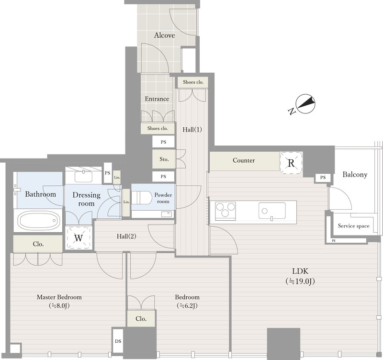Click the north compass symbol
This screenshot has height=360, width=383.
305,103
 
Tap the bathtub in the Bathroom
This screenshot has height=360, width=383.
39,220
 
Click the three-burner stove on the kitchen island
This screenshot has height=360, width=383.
225,210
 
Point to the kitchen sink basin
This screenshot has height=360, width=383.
272,211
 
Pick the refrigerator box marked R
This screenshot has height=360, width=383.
291,163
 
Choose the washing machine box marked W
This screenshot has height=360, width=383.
79,237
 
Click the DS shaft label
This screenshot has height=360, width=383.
118,341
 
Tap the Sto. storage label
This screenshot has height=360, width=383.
164,159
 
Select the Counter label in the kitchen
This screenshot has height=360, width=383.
244,160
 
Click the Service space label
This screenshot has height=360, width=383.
353,226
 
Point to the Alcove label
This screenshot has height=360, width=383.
164,35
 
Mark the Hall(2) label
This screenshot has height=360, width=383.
126,236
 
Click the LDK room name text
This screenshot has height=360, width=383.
300,271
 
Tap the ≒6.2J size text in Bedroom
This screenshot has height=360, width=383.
187,305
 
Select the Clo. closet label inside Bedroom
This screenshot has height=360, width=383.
141,319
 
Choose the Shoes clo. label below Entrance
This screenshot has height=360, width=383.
158,128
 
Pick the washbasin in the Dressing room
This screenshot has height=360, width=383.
83,176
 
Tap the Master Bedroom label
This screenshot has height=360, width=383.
59,297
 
